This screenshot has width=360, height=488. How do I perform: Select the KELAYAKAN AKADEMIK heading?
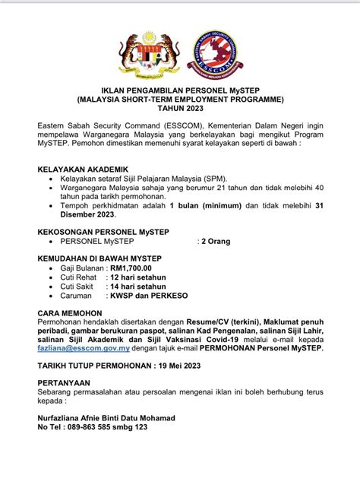point(83,169)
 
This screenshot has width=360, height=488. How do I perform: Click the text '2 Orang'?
point(215,241)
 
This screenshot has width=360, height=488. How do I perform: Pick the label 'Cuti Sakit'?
point(77,287)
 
